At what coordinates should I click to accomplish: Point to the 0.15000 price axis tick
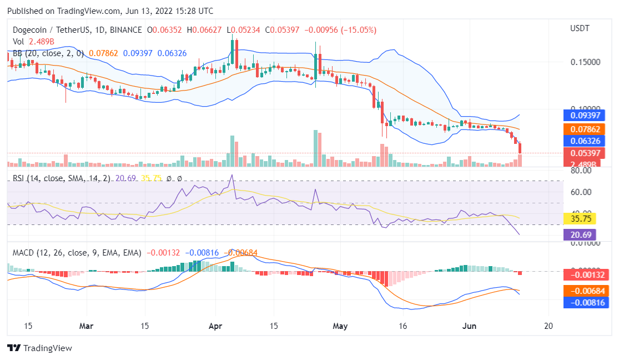585,62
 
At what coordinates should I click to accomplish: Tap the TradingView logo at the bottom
40,348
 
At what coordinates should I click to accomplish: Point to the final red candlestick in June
520,148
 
